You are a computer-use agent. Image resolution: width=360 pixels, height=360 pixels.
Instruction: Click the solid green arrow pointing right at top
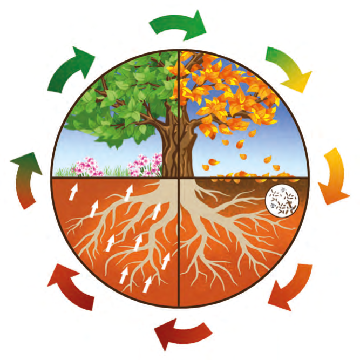tap(178, 25)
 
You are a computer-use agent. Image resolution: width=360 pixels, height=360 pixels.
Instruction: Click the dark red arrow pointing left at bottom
tap(181, 330)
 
